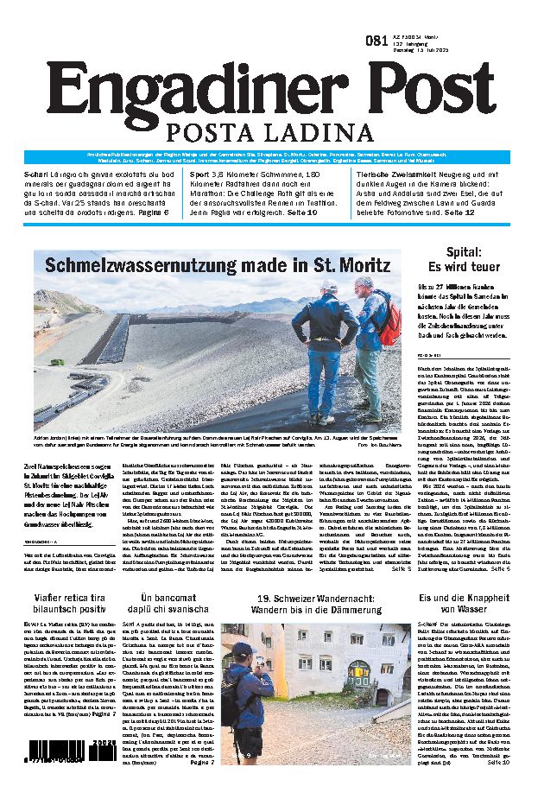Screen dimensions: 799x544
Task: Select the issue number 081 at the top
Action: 376,40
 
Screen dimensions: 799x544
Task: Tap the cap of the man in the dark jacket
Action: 328,285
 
